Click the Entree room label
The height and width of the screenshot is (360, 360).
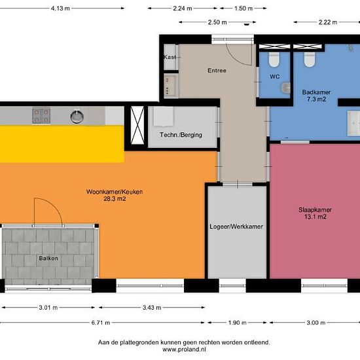pos(217,71)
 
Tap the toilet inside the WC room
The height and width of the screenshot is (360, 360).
pos(274,60)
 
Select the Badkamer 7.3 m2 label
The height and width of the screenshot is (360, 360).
pos(316,96)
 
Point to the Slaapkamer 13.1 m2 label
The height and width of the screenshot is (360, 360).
pos(315,213)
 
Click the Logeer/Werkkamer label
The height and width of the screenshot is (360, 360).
pos(236,226)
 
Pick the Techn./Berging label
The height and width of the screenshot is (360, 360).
pos(181,135)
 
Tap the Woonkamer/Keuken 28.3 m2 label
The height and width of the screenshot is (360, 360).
pos(115,195)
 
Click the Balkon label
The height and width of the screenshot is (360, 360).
pos(48,259)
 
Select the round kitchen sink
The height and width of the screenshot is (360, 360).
pos(77,117)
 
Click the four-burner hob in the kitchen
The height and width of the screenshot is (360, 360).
pos(41,115)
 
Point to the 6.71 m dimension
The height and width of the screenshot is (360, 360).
pos(101,323)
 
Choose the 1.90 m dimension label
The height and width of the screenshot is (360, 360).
pos(237,323)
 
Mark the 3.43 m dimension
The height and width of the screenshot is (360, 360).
pos(152,308)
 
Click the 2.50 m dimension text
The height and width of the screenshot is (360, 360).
pos(217,22)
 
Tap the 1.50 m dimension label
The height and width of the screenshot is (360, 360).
pos(243,9)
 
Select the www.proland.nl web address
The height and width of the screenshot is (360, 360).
pos(184,350)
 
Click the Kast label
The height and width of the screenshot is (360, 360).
pos(170,57)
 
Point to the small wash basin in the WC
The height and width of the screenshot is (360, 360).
pos(286,88)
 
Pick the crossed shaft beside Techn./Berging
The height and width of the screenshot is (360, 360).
pos(137,125)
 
